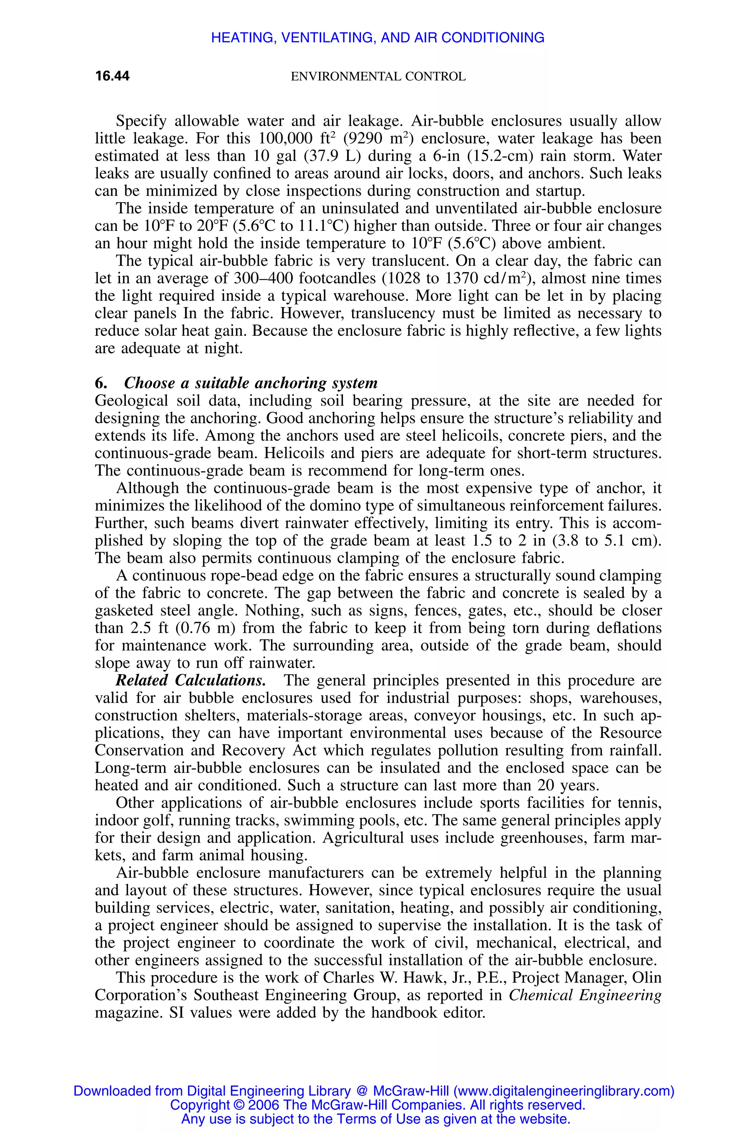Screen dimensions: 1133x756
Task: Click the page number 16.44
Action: tap(112, 76)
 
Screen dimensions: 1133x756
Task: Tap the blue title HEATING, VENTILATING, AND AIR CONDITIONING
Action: tap(378, 38)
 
